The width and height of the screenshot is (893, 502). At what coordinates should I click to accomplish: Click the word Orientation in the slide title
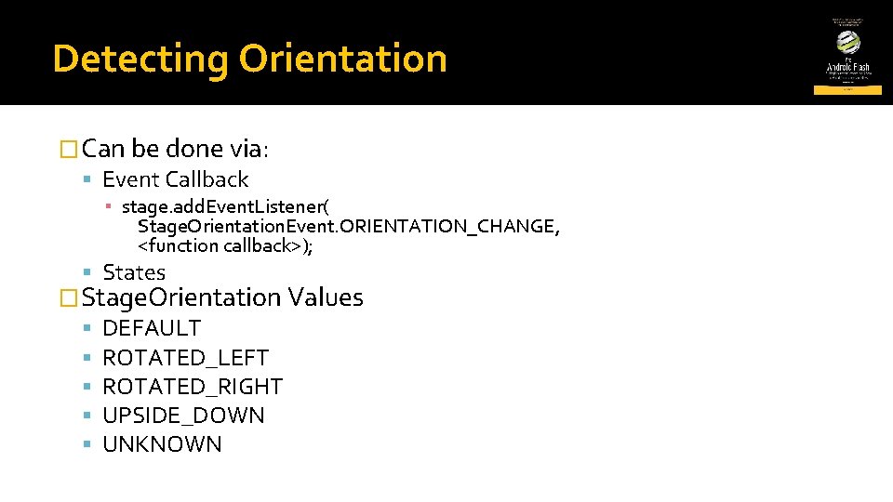342,59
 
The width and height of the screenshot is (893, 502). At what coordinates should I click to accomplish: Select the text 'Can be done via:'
177,149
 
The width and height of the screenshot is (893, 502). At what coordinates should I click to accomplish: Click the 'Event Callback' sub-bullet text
176,179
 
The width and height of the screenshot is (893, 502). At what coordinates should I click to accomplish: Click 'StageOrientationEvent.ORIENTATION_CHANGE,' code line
349,226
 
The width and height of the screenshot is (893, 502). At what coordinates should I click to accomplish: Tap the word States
134,272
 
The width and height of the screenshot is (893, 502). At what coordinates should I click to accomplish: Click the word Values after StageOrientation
326,297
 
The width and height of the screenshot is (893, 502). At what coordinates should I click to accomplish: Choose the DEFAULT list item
152,328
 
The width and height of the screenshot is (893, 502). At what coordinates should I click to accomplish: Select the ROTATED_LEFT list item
185,358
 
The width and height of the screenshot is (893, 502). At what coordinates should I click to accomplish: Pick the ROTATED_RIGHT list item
193,387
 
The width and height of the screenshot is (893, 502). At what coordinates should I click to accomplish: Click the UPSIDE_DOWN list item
183,416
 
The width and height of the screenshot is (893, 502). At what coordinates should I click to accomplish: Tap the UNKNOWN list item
162,444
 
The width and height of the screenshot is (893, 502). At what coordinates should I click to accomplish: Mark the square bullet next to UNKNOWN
86,444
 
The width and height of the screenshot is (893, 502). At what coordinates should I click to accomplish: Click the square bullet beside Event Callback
86,179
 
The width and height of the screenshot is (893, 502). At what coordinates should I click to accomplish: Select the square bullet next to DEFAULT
86,328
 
